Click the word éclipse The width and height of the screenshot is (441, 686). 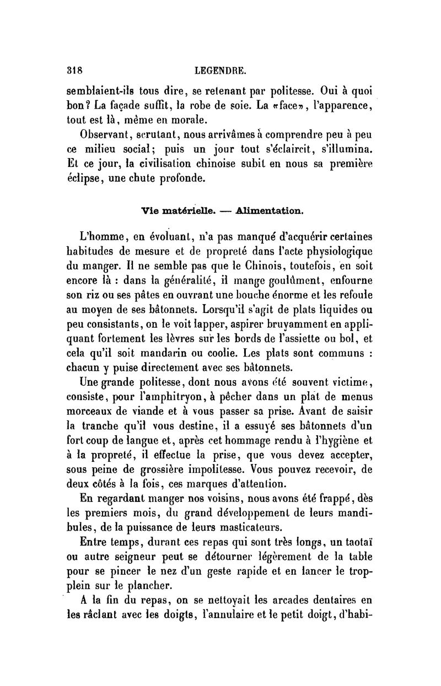point(89,179)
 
